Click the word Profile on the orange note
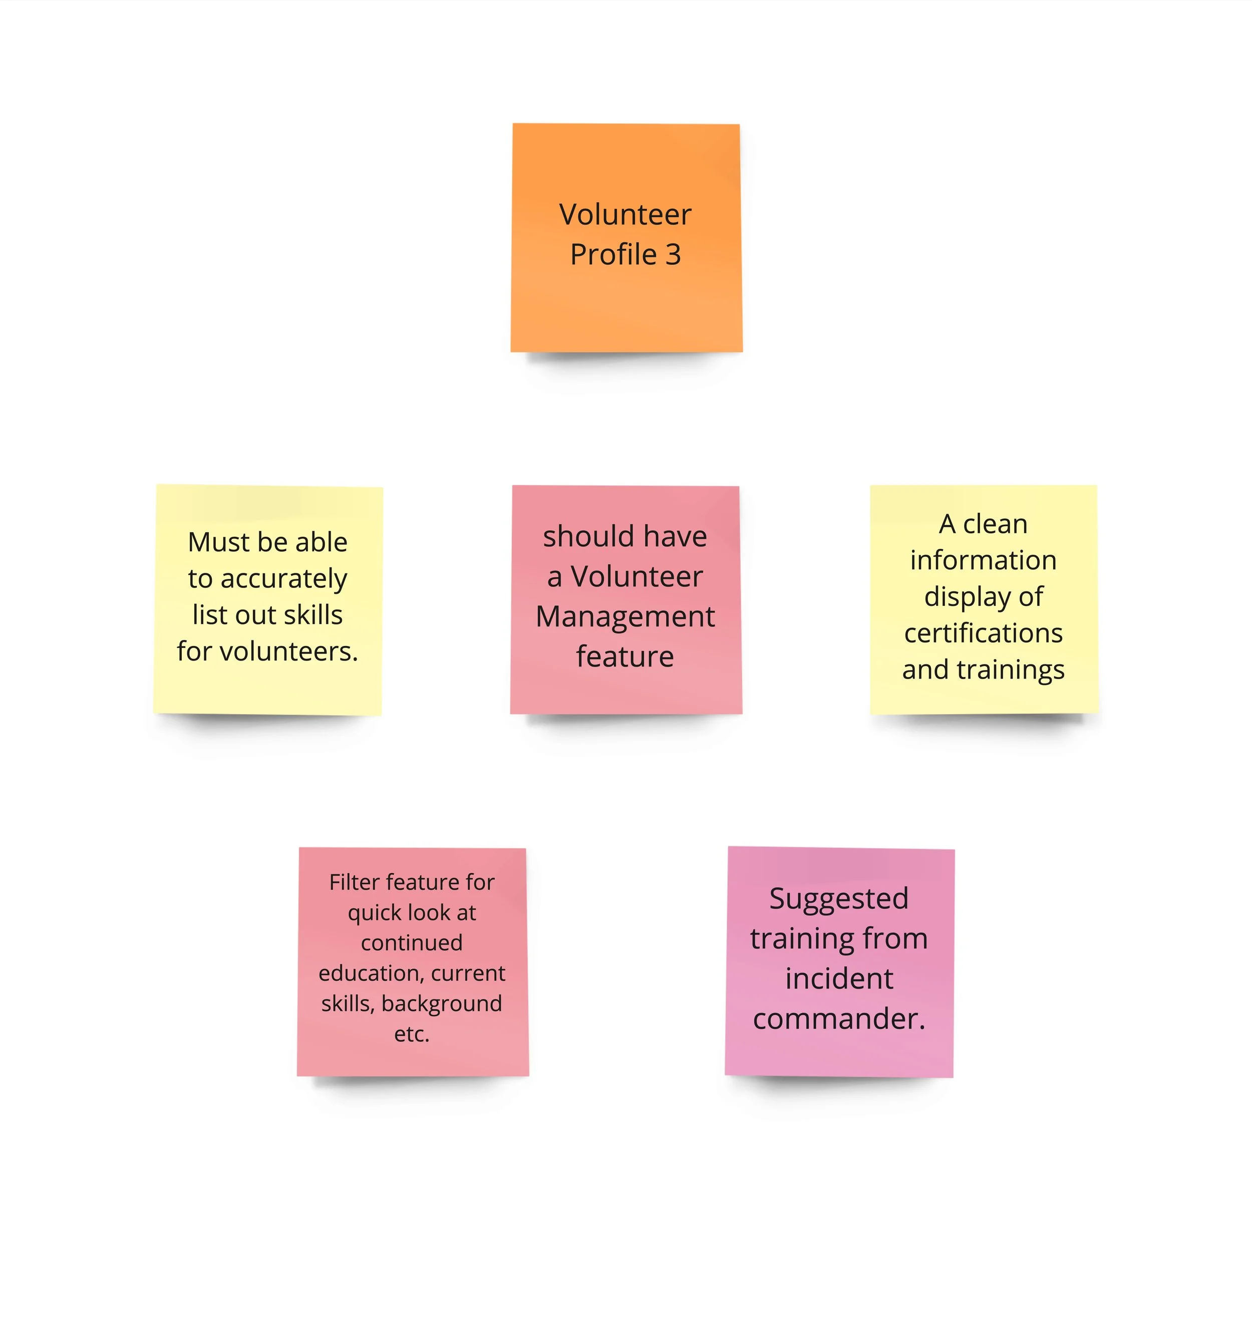click(x=613, y=254)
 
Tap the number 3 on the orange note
click(x=673, y=254)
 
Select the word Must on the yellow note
click(x=213, y=542)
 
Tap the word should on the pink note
click(x=579, y=537)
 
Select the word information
click(x=983, y=560)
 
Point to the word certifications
click(x=983, y=633)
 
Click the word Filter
click(x=354, y=882)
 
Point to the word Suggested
click(x=839, y=898)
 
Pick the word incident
click(x=839, y=978)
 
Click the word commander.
click(x=839, y=1019)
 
